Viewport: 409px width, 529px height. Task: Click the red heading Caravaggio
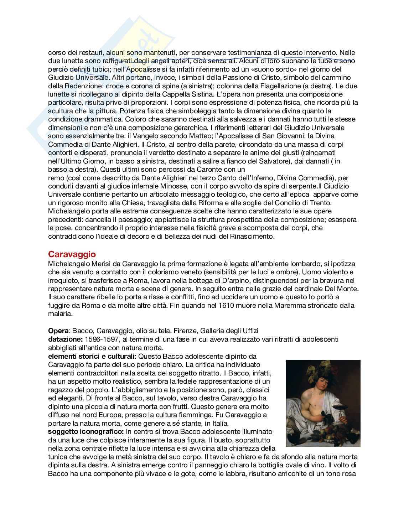72,254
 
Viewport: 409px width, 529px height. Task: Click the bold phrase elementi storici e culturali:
92,356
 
